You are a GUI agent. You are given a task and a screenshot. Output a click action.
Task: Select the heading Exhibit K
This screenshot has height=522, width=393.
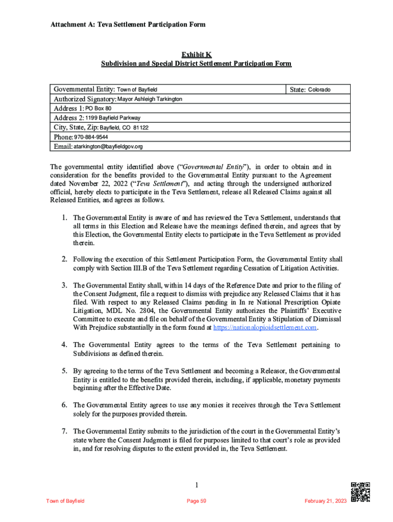196,55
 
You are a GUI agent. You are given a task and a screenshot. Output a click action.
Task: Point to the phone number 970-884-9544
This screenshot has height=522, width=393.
91,137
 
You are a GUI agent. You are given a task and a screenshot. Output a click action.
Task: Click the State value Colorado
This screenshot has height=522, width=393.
319,90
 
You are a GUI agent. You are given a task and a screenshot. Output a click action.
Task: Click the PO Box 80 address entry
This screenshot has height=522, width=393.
98,109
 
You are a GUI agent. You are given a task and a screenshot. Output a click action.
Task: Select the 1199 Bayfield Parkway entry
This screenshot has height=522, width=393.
113,118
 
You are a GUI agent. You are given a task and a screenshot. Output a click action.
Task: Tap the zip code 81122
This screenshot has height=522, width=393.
140,128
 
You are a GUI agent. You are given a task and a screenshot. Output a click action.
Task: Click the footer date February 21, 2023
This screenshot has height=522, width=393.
325,501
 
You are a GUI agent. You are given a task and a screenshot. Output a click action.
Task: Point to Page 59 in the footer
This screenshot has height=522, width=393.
196,501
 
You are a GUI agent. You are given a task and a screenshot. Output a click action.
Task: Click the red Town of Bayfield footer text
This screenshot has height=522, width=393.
65,501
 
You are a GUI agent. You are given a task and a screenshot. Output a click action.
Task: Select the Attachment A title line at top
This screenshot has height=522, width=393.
128,24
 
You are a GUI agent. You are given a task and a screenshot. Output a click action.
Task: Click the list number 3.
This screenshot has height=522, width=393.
65,285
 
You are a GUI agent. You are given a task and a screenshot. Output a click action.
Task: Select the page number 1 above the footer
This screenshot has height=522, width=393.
196,484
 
